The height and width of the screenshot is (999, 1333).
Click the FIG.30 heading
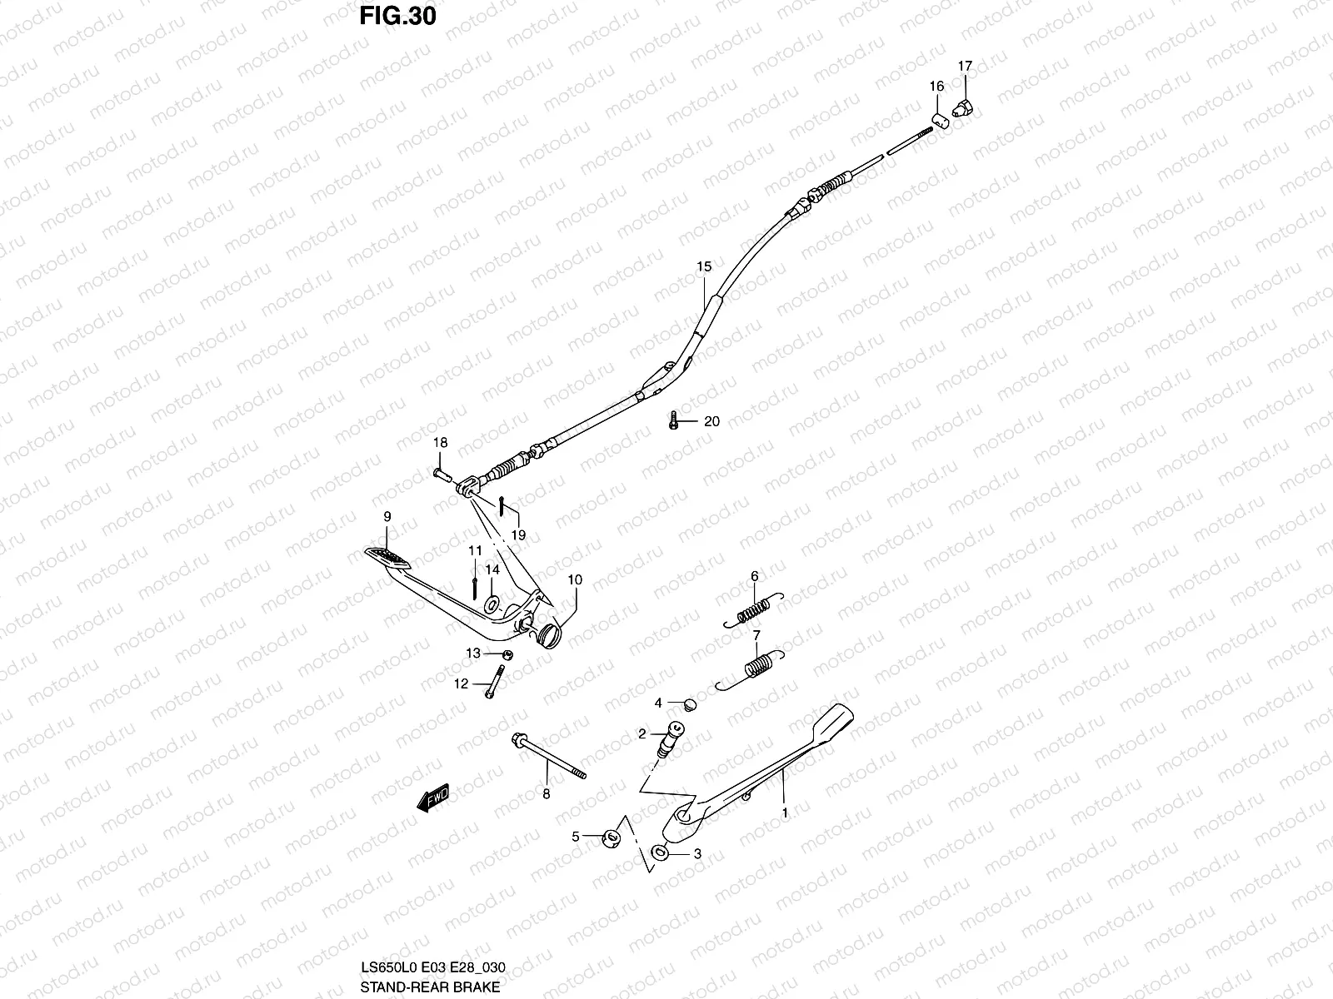pos(397,17)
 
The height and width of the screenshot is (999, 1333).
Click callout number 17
pos(965,66)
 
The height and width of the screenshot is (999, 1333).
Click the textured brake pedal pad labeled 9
pos(388,556)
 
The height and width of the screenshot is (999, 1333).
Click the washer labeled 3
pos(660,852)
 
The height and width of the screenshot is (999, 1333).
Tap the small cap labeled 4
pos(687,705)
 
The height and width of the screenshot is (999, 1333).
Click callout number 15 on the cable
pos(704,266)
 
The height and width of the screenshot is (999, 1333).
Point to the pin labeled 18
pos(442,474)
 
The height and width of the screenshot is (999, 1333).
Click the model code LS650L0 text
pos(388,968)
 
